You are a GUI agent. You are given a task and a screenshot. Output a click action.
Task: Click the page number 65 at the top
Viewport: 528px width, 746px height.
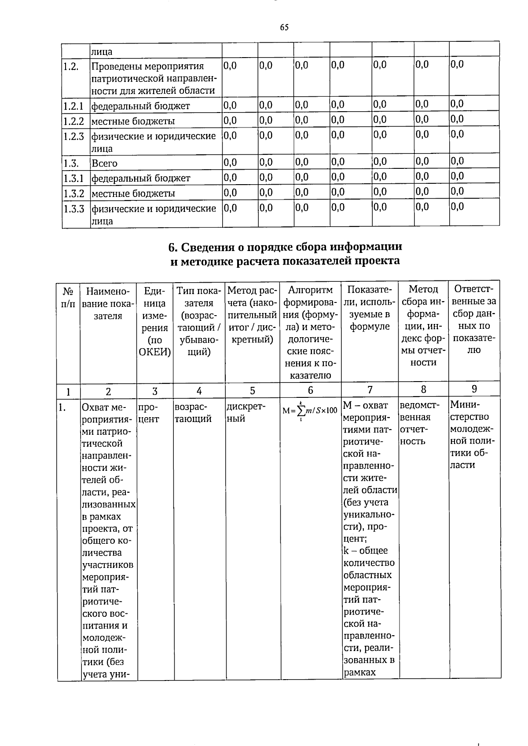[x=284, y=28]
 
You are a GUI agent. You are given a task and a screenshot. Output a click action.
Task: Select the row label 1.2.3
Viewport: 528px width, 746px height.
[x=73, y=136]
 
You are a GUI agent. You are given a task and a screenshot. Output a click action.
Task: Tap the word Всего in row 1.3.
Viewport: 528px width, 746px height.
[x=104, y=164]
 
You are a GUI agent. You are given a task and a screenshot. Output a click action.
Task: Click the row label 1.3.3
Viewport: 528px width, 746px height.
[x=73, y=208]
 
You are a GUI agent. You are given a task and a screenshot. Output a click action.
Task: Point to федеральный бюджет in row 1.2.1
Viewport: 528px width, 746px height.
[x=140, y=106]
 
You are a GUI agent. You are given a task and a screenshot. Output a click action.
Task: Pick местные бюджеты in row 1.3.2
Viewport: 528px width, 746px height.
[x=133, y=193]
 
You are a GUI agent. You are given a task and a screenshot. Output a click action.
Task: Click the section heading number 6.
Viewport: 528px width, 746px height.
[x=172, y=247]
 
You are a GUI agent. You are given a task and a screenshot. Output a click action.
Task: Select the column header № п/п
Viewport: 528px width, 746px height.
[x=68, y=298]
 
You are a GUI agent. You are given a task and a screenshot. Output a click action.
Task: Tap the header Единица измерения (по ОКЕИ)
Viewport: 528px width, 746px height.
[x=154, y=321]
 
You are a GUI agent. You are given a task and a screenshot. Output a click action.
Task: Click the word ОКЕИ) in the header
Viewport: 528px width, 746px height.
[x=154, y=352]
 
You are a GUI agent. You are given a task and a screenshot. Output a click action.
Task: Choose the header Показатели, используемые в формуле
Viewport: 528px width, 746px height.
[x=370, y=308]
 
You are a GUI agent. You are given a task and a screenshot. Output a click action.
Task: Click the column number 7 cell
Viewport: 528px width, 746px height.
[x=370, y=389]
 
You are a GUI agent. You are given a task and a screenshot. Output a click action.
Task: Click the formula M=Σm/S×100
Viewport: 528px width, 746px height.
[x=310, y=410]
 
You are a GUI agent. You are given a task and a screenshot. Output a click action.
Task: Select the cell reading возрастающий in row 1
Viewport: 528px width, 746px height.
[x=193, y=413]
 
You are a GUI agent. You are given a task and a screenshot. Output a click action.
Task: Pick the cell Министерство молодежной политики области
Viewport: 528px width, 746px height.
[x=473, y=434]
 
